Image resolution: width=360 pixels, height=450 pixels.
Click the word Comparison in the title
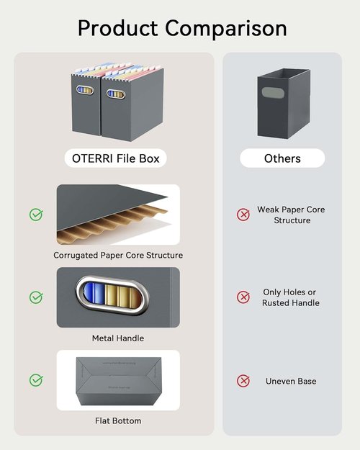(225, 29)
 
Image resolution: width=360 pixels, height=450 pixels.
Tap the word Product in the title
(117, 28)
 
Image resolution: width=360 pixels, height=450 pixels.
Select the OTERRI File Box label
(116, 158)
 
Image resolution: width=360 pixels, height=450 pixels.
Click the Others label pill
(282, 158)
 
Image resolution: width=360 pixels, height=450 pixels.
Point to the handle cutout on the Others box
(273, 92)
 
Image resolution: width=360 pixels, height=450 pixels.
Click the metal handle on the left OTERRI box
(85, 90)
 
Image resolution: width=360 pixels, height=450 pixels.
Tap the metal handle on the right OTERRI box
(116, 94)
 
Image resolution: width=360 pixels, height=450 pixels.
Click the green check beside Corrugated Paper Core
(36, 215)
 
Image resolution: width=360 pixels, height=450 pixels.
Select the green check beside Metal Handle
(36, 297)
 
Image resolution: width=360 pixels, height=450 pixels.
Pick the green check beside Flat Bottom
(36, 380)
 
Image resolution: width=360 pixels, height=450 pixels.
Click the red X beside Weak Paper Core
(243, 215)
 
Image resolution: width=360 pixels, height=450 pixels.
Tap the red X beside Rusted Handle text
(243, 297)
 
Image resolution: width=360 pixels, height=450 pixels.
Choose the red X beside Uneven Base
(243, 381)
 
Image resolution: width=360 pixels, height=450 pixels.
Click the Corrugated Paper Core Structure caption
(118, 255)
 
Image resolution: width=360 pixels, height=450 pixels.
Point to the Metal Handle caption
(118, 338)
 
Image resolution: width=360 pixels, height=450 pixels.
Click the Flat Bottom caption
(118, 420)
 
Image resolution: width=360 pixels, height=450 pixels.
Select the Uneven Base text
(291, 381)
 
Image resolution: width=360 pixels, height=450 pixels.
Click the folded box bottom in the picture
(119, 381)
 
